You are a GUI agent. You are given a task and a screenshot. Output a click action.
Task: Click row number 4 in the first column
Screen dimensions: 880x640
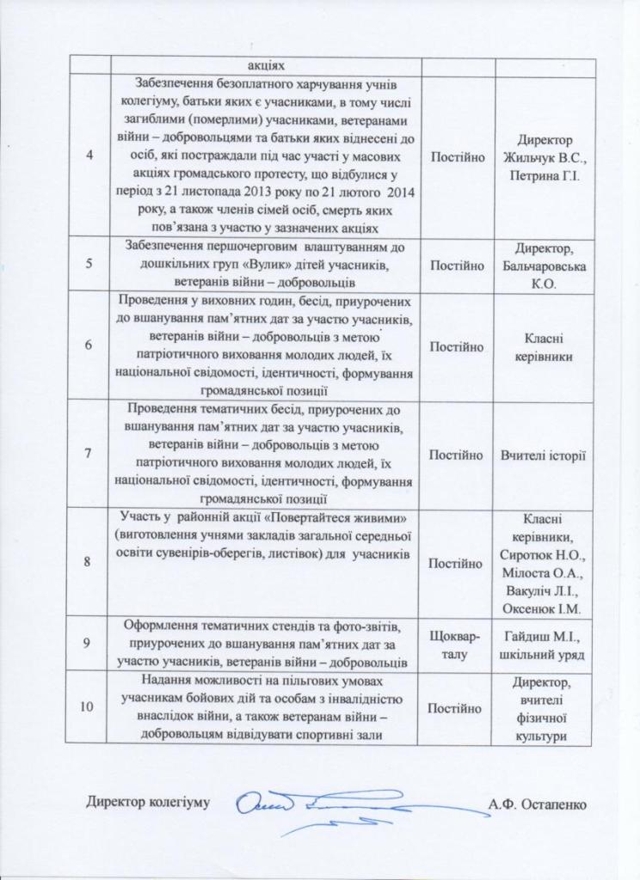coord(89,155)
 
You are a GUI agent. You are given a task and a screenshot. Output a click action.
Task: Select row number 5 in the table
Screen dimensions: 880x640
coord(89,261)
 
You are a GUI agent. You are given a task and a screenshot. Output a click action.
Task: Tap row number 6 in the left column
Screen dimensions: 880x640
coord(89,345)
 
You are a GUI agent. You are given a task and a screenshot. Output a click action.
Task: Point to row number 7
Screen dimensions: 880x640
coord(89,454)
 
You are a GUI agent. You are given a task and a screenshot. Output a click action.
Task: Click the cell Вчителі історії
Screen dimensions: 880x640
coord(543,454)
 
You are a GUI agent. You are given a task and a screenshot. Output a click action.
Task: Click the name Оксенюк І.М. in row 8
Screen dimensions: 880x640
coord(543,610)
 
